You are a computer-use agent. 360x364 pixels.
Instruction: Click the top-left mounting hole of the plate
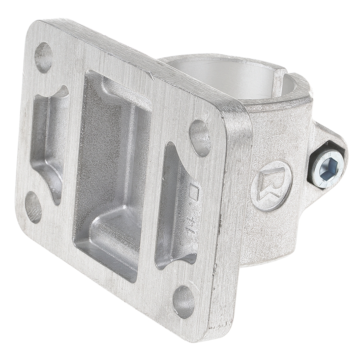tap(44, 57)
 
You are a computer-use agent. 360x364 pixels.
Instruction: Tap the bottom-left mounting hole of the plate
tap(33, 207)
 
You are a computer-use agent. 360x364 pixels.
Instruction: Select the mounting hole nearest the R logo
tap(200, 138)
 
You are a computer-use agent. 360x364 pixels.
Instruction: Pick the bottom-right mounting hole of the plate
tap(184, 301)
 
